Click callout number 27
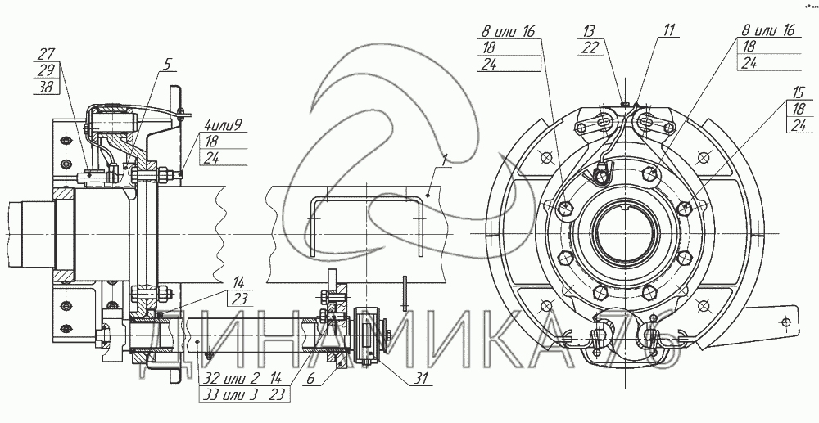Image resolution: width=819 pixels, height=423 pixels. tap(47, 54)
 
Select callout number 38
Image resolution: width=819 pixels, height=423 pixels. tap(46, 87)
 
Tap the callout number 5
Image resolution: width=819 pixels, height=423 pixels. tap(167, 64)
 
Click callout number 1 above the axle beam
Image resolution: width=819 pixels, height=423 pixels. tap(445, 160)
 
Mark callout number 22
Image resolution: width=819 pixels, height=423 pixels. tap(590, 47)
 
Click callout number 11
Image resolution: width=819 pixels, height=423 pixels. tap(669, 30)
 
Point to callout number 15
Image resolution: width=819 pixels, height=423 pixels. tap(798, 92)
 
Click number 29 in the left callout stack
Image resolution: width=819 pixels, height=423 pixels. tap(47, 70)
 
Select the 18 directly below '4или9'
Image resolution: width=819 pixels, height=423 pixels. tap(211, 142)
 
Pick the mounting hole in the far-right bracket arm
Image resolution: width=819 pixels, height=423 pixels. tap(785, 322)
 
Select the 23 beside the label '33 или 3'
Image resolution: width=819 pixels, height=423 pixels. tap(278, 395)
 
